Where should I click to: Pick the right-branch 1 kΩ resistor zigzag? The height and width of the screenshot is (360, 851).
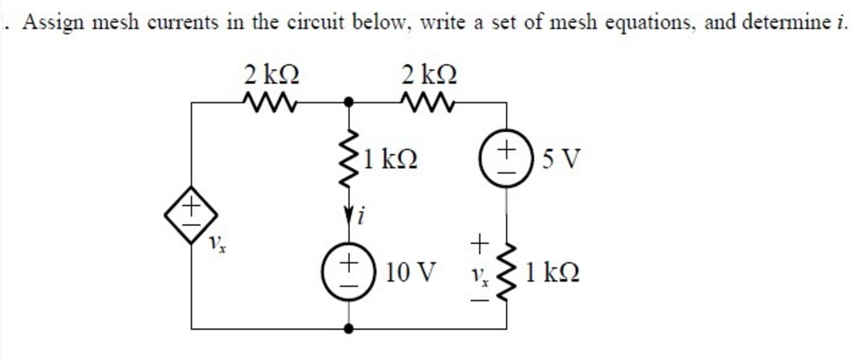tap(506, 273)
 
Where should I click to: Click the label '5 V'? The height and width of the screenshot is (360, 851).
tap(550, 157)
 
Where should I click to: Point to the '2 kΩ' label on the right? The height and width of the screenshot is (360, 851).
tap(428, 74)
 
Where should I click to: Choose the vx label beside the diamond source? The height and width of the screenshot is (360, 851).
tap(218, 242)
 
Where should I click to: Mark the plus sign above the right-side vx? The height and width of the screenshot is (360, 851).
tap(478, 242)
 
